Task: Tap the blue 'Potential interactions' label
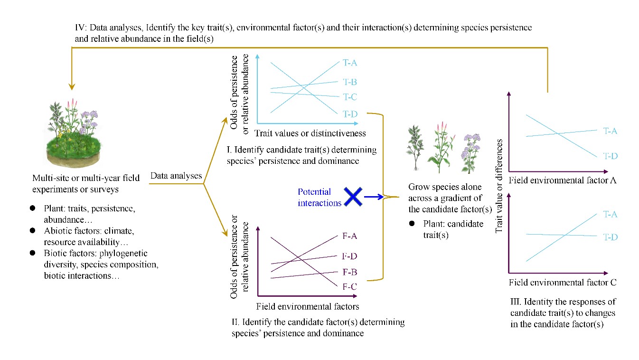pos(319,197)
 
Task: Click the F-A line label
pos(349,236)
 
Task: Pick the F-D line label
pos(349,256)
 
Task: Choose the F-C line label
pos(349,286)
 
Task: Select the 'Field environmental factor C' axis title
pos(563,283)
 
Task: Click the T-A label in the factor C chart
pos(610,215)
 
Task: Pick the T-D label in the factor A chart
pos(610,155)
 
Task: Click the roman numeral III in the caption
pos(516,302)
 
